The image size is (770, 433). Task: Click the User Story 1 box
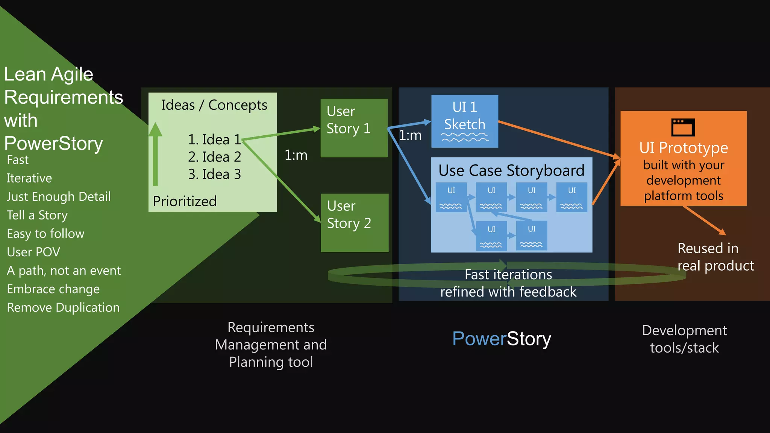click(x=354, y=128)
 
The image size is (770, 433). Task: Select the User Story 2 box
click(x=354, y=223)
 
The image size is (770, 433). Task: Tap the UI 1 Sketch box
click(x=464, y=121)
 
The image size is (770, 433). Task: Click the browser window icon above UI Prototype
click(x=683, y=127)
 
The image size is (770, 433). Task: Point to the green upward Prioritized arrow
click(x=155, y=154)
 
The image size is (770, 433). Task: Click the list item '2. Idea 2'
click(x=214, y=157)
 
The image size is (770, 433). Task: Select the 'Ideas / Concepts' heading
click(x=214, y=105)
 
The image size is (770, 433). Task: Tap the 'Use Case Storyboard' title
click(x=511, y=170)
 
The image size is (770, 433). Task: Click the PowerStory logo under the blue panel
click(x=502, y=338)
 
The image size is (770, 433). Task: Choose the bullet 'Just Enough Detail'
click(x=59, y=197)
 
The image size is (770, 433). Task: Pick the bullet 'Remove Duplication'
click(x=63, y=307)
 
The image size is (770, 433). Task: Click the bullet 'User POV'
click(x=33, y=252)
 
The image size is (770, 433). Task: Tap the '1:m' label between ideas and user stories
click(x=296, y=155)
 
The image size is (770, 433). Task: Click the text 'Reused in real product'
click(x=715, y=257)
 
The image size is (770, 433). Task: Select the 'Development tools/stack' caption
click(x=684, y=339)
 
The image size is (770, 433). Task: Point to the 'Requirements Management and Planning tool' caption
click(x=271, y=345)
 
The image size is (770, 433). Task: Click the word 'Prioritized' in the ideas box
click(x=185, y=201)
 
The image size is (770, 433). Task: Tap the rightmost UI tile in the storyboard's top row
click(x=571, y=197)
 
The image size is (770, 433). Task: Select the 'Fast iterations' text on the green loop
click(x=508, y=274)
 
